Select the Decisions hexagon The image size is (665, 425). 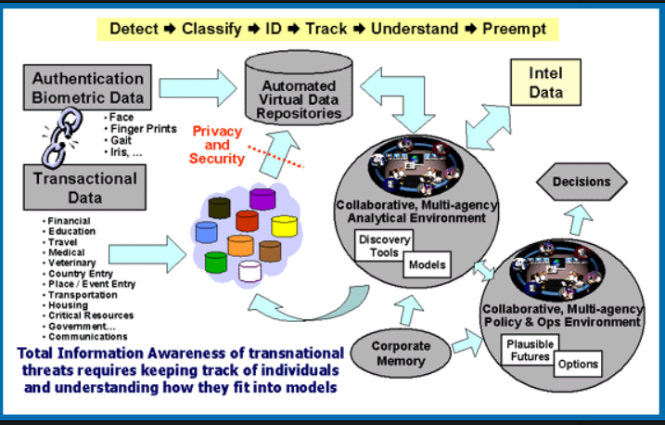tap(582, 182)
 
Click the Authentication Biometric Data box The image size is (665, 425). tap(89, 88)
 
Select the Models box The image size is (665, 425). tap(428, 264)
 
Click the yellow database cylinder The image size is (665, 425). tap(283, 225)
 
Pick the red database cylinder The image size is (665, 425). tap(246, 221)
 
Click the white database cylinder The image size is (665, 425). tap(249, 271)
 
